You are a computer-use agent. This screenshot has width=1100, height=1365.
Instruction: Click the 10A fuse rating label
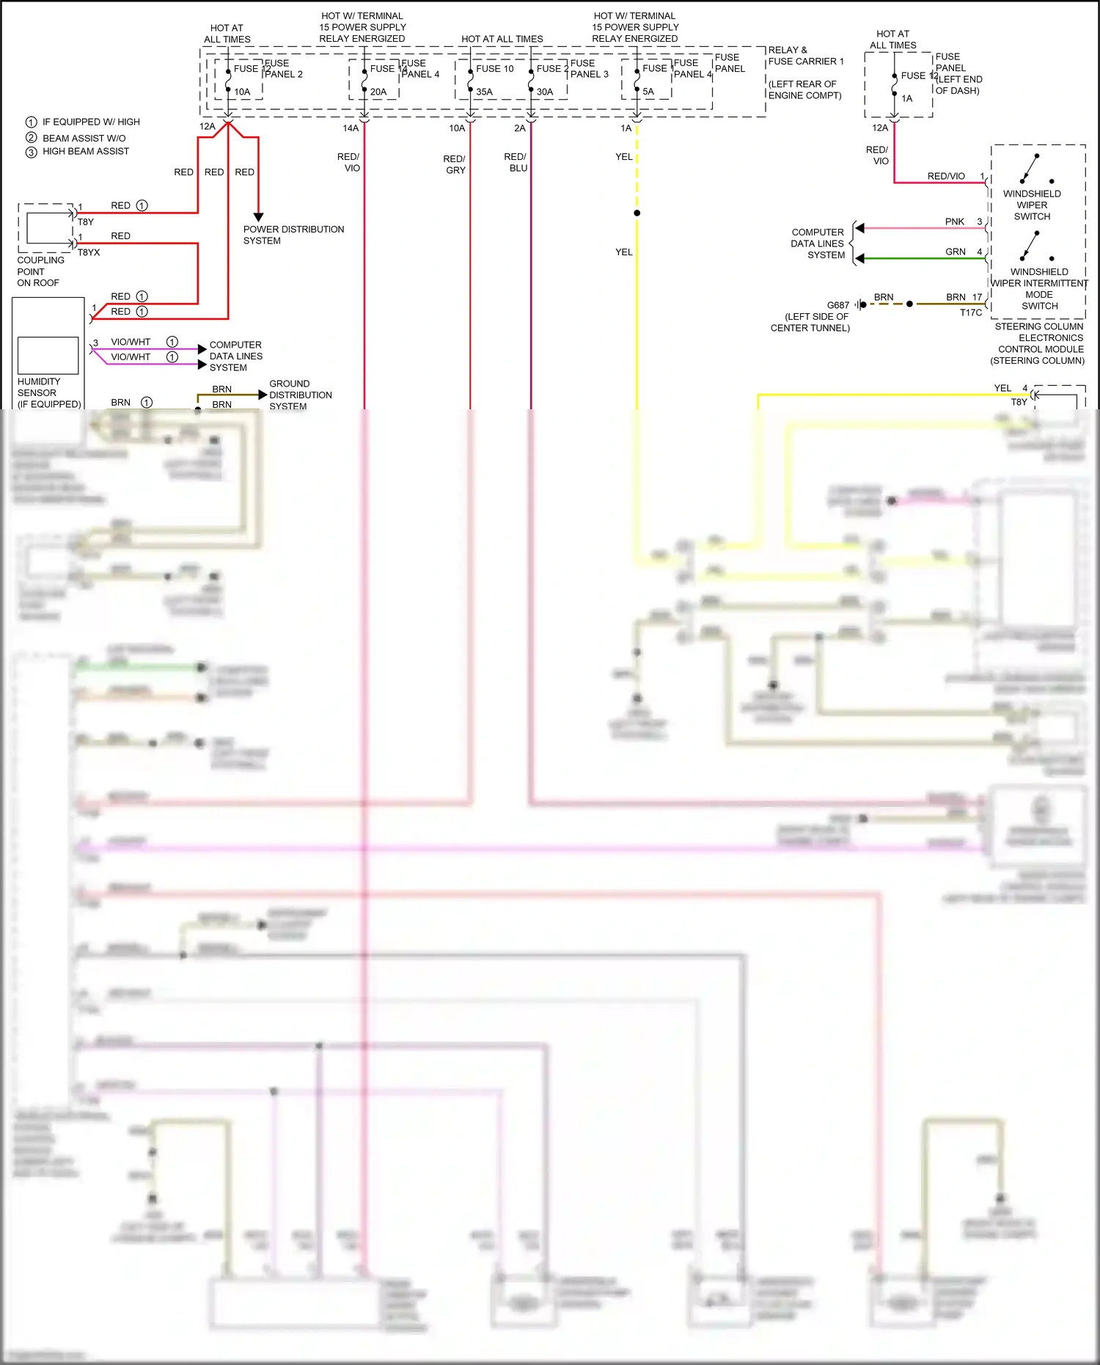242,92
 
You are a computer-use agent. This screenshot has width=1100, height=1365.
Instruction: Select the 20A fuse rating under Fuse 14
378,92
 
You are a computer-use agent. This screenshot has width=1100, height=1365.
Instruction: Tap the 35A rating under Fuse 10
484,92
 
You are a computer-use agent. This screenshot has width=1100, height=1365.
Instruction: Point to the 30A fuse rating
544,92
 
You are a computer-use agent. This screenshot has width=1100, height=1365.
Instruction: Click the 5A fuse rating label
648,92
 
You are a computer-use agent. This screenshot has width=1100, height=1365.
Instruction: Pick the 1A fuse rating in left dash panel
907,98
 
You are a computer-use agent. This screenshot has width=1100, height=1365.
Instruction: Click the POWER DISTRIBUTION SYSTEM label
293,235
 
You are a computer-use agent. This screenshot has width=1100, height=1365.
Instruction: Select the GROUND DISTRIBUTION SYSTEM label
300,395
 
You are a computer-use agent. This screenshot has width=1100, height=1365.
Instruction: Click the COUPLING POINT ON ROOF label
40,271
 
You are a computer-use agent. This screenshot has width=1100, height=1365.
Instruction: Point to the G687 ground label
837,305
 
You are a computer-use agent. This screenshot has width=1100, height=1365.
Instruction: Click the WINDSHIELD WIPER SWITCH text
1032,205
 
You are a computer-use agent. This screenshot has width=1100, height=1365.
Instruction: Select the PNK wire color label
954,222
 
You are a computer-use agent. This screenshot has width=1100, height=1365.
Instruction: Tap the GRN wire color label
955,252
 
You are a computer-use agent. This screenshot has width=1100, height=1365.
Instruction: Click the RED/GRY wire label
454,164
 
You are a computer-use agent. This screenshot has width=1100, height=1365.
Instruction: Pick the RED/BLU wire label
516,162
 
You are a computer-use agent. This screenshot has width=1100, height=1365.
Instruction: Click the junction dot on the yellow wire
637,213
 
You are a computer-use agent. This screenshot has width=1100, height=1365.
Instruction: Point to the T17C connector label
970,312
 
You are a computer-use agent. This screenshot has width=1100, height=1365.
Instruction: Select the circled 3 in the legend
31,152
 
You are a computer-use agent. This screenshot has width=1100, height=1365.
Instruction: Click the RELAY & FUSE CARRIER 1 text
805,56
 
